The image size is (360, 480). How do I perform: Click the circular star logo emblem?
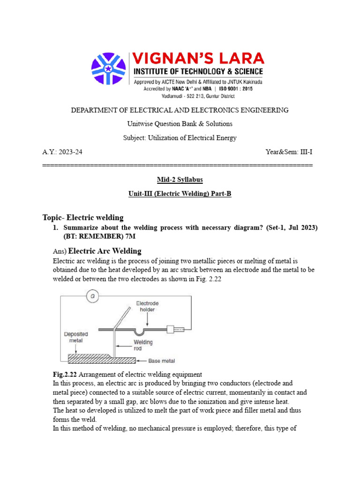(108, 69)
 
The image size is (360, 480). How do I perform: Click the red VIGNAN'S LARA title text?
(199, 59)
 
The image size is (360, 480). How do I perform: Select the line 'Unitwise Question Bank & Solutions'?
(180, 124)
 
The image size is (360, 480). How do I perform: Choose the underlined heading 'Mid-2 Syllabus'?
(180, 180)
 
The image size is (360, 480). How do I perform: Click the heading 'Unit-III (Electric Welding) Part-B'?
(180, 194)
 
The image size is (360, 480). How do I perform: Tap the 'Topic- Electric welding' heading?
(83, 217)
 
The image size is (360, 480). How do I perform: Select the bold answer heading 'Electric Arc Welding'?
(105, 251)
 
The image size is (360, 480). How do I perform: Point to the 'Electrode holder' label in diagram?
(148, 307)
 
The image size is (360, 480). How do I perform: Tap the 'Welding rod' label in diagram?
(143, 345)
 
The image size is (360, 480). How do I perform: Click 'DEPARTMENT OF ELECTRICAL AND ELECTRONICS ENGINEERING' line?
(180, 110)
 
